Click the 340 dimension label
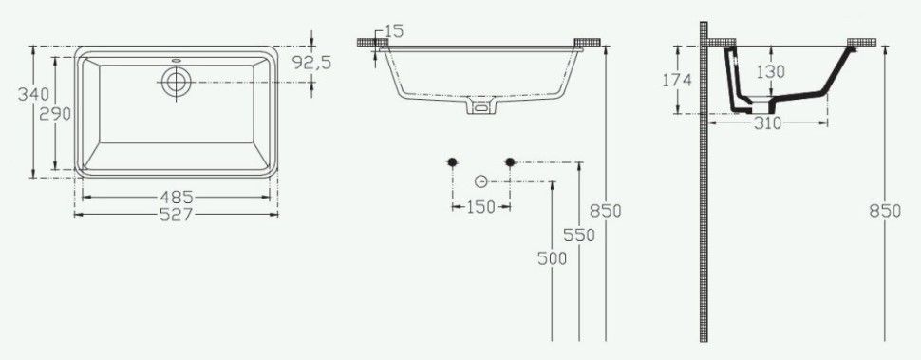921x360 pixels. click(33, 94)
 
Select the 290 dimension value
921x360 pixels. click(55, 114)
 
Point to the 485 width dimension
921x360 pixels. click(177, 198)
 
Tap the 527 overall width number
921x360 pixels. click(177, 215)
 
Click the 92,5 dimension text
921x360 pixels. click(312, 63)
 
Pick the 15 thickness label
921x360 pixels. click(395, 31)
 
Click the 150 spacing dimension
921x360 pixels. click(481, 207)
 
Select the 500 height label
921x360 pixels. click(553, 258)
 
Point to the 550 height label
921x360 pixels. click(579, 236)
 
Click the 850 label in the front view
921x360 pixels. click(606, 211)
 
